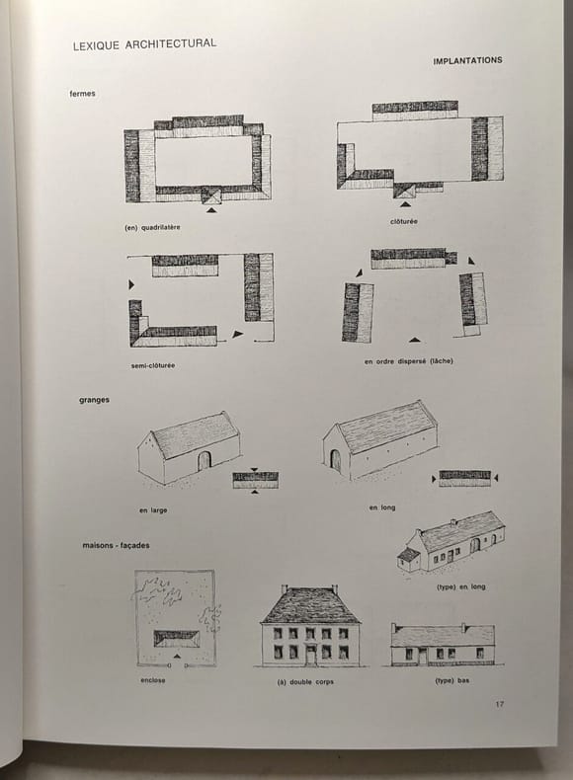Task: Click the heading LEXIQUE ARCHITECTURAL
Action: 144,44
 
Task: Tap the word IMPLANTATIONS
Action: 467,60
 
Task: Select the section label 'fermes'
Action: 83,94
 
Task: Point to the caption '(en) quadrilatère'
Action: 152,227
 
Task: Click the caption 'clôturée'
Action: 404,221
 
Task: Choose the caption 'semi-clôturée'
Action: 153,365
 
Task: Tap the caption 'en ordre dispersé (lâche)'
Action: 409,361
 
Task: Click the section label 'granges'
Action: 94,400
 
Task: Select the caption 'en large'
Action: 153,510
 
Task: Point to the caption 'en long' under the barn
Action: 382,507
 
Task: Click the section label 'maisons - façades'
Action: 116,545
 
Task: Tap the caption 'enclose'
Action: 153,680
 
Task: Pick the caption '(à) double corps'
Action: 305,681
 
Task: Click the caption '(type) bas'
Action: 452,680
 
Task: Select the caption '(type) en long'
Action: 461,586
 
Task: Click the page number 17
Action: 499,704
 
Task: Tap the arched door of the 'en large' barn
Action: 205,461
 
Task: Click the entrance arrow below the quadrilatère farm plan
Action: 212,210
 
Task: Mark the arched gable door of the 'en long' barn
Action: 336,461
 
